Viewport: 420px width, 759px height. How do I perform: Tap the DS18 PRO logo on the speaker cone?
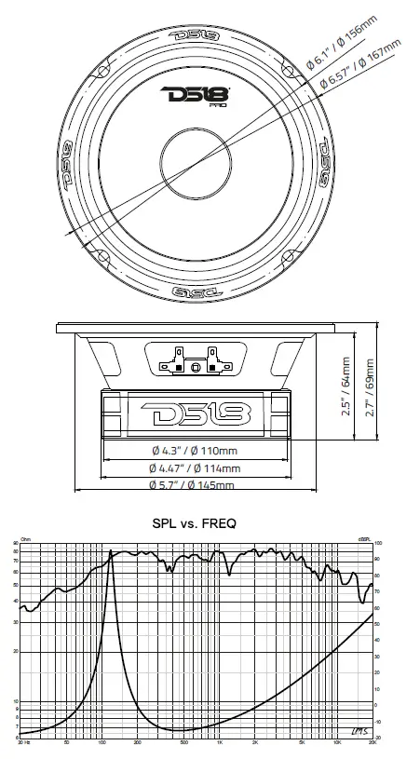coord(194,96)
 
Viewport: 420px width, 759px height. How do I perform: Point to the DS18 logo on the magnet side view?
coord(195,412)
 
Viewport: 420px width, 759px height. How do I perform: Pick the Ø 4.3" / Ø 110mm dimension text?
coord(195,452)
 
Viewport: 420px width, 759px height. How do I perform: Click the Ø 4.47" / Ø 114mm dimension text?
coord(195,468)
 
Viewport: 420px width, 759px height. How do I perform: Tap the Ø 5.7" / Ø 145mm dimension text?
coord(192,485)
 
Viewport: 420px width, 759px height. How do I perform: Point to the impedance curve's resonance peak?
coord(112,552)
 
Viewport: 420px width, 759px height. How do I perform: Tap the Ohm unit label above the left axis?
coord(25,539)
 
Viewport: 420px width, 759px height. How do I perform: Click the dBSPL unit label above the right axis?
coord(367,539)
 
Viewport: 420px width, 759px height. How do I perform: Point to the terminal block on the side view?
coord(195,359)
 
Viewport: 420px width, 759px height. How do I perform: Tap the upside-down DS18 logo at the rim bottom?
coord(194,291)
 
